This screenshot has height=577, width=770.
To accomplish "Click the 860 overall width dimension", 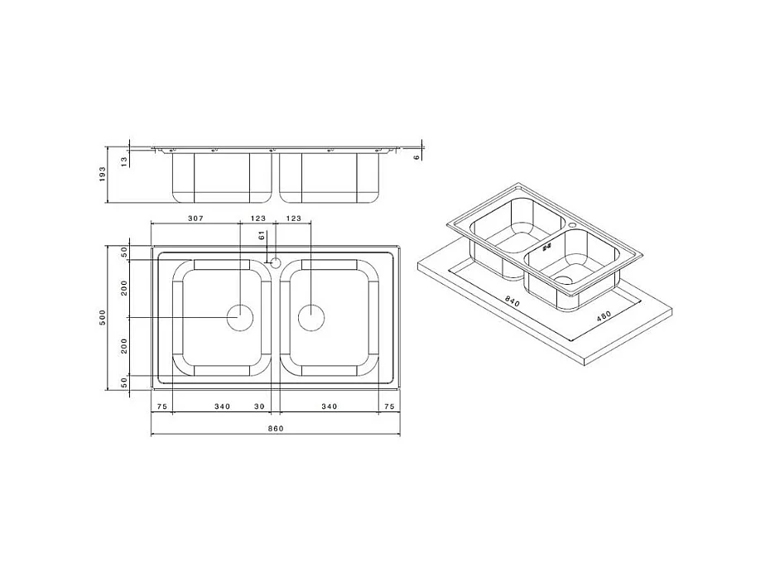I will (276, 427).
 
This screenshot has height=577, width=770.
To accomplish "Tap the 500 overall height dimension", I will (103, 317).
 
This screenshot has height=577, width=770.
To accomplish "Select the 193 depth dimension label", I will (103, 174).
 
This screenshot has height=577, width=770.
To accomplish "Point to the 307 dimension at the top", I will (195, 219).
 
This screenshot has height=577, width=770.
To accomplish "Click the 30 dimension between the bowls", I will (259, 406).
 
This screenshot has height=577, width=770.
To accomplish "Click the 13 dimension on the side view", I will (124, 159).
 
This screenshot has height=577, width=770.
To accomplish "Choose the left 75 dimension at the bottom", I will (161, 406).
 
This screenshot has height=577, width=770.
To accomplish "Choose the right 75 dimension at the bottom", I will (389, 406).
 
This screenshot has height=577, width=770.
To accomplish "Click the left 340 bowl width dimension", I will (221, 406).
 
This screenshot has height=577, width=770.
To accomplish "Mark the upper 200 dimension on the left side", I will (124, 289).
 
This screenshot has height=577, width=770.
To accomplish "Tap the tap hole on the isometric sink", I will (573, 224).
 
